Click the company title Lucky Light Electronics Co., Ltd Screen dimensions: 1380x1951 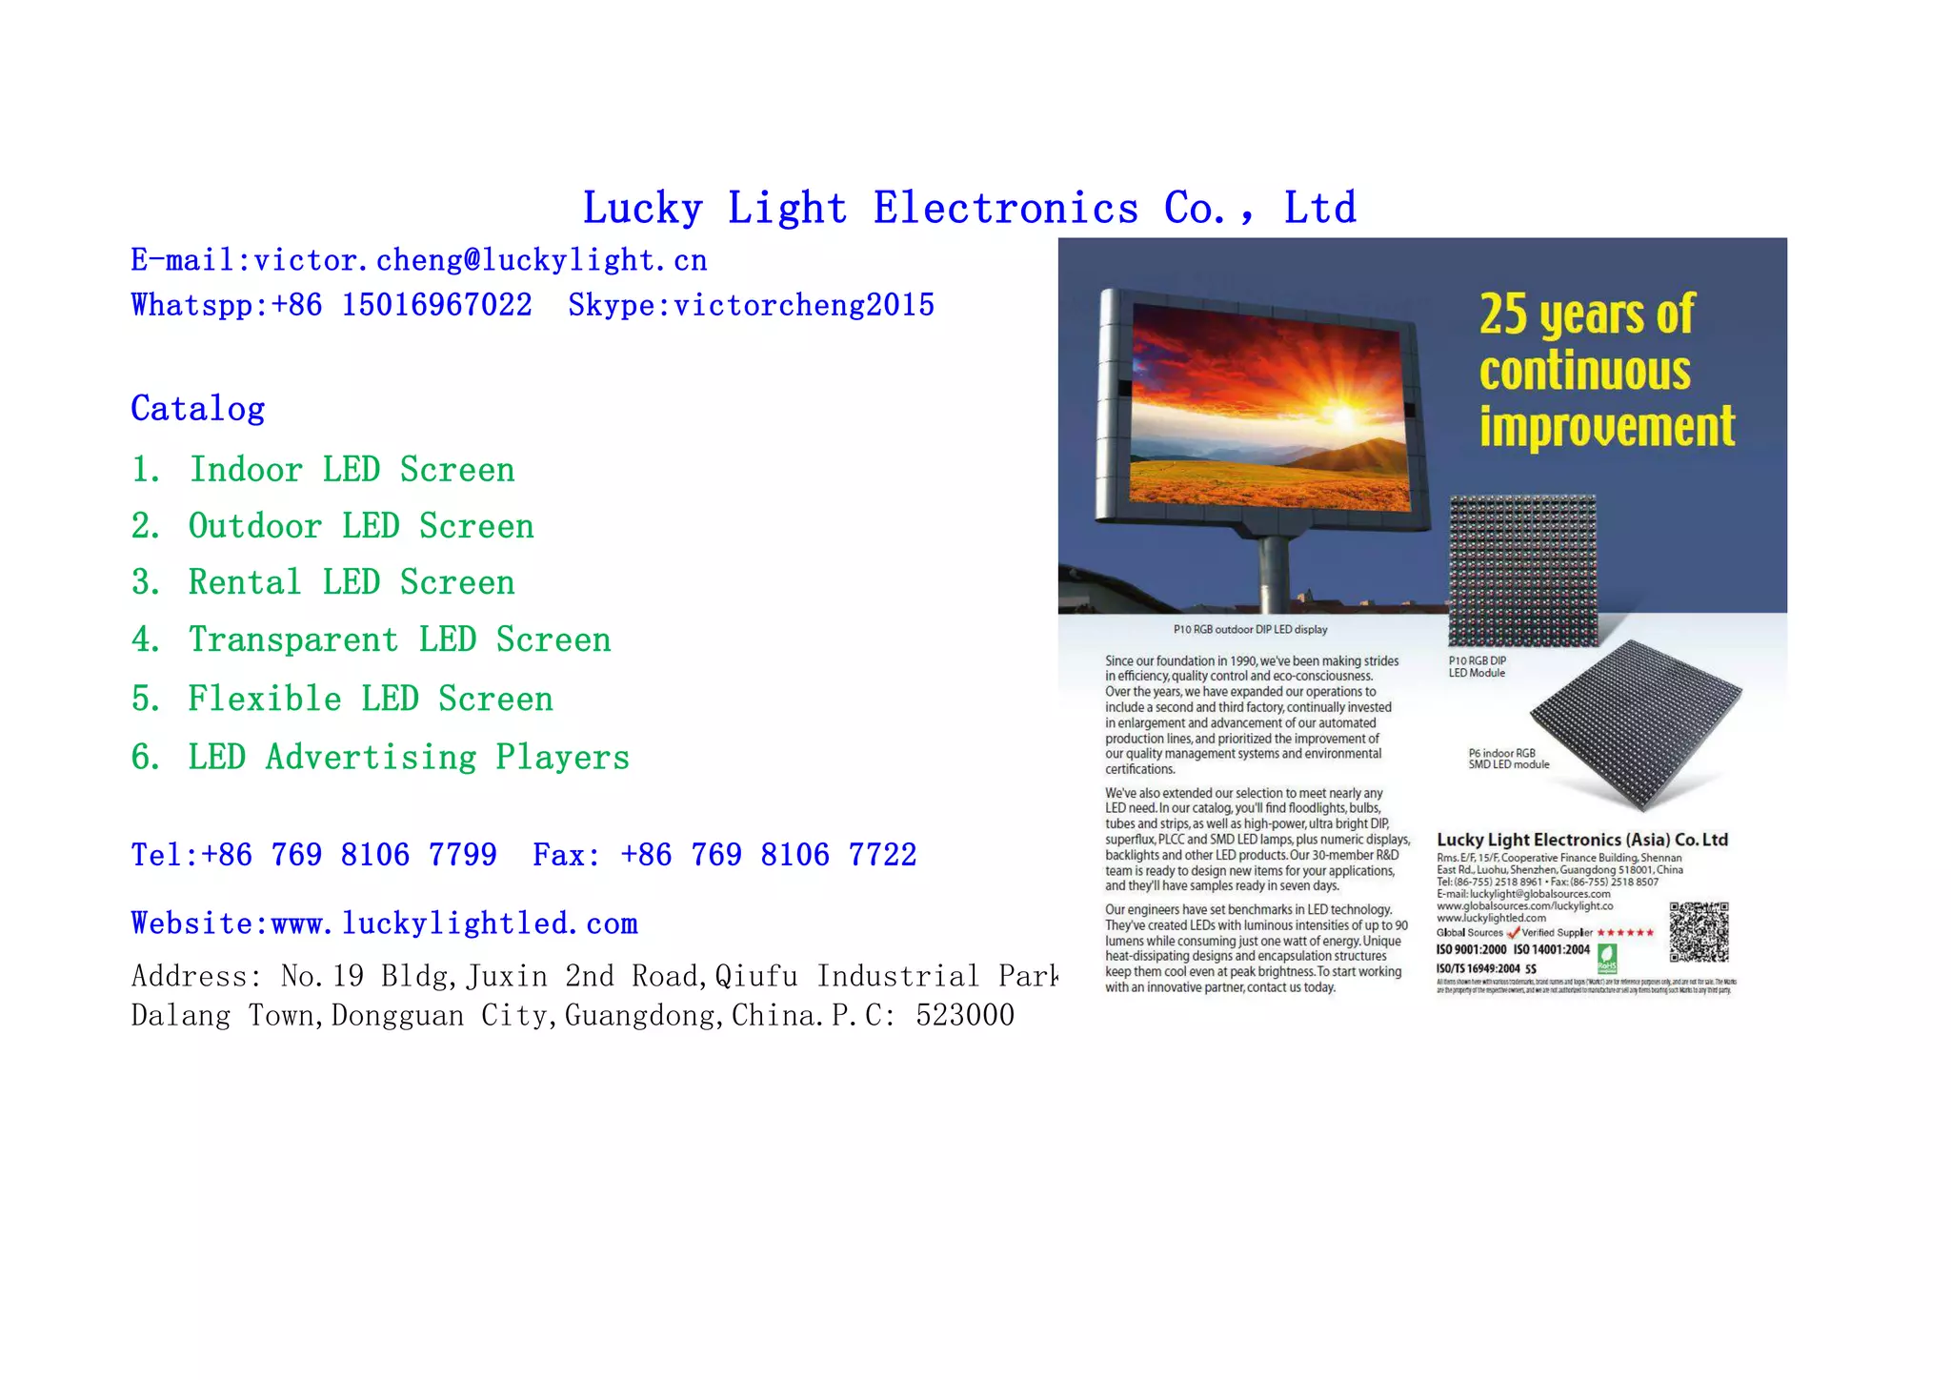pyautogui.click(x=969, y=208)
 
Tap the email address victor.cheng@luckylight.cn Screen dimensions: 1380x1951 pyautogui.click(x=480, y=260)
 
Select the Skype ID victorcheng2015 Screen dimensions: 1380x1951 pyautogui.click(x=803, y=305)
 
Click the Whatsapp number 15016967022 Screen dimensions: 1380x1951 pyautogui.click(x=436, y=305)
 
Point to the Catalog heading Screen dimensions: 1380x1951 pyautogui.click(x=198, y=408)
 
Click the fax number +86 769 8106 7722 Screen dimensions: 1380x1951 pyautogui.click(x=768, y=855)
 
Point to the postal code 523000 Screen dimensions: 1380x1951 pyautogui.click(x=965, y=1016)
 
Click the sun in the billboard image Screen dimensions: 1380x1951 pyautogui.click(x=1343, y=416)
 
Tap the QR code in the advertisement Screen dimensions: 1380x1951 pyautogui.click(x=1699, y=931)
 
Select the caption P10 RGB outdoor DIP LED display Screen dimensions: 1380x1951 pyautogui.click(x=1250, y=629)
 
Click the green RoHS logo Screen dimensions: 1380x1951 pyautogui.click(x=1606, y=957)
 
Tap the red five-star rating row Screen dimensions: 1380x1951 pyautogui.click(x=1625, y=932)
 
